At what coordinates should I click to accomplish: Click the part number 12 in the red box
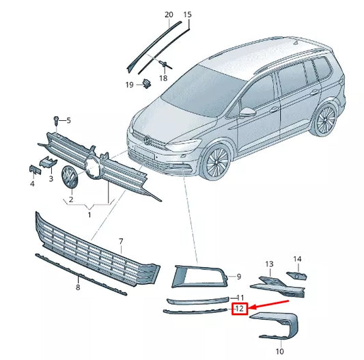click(x=239, y=309)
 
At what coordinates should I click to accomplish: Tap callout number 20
click(x=169, y=14)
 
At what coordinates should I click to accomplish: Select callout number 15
click(x=188, y=14)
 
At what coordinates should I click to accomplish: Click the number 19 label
click(x=128, y=85)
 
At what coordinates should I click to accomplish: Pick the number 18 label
click(x=163, y=79)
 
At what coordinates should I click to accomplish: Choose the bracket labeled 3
click(x=48, y=161)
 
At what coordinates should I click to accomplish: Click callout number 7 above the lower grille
click(x=121, y=242)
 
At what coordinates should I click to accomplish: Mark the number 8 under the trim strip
click(x=78, y=288)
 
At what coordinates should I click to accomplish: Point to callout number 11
click(x=240, y=297)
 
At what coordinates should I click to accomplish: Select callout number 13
click(x=269, y=264)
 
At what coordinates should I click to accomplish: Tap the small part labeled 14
click(x=296, y=275)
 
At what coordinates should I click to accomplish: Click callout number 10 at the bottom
click(x=279, y=350)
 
